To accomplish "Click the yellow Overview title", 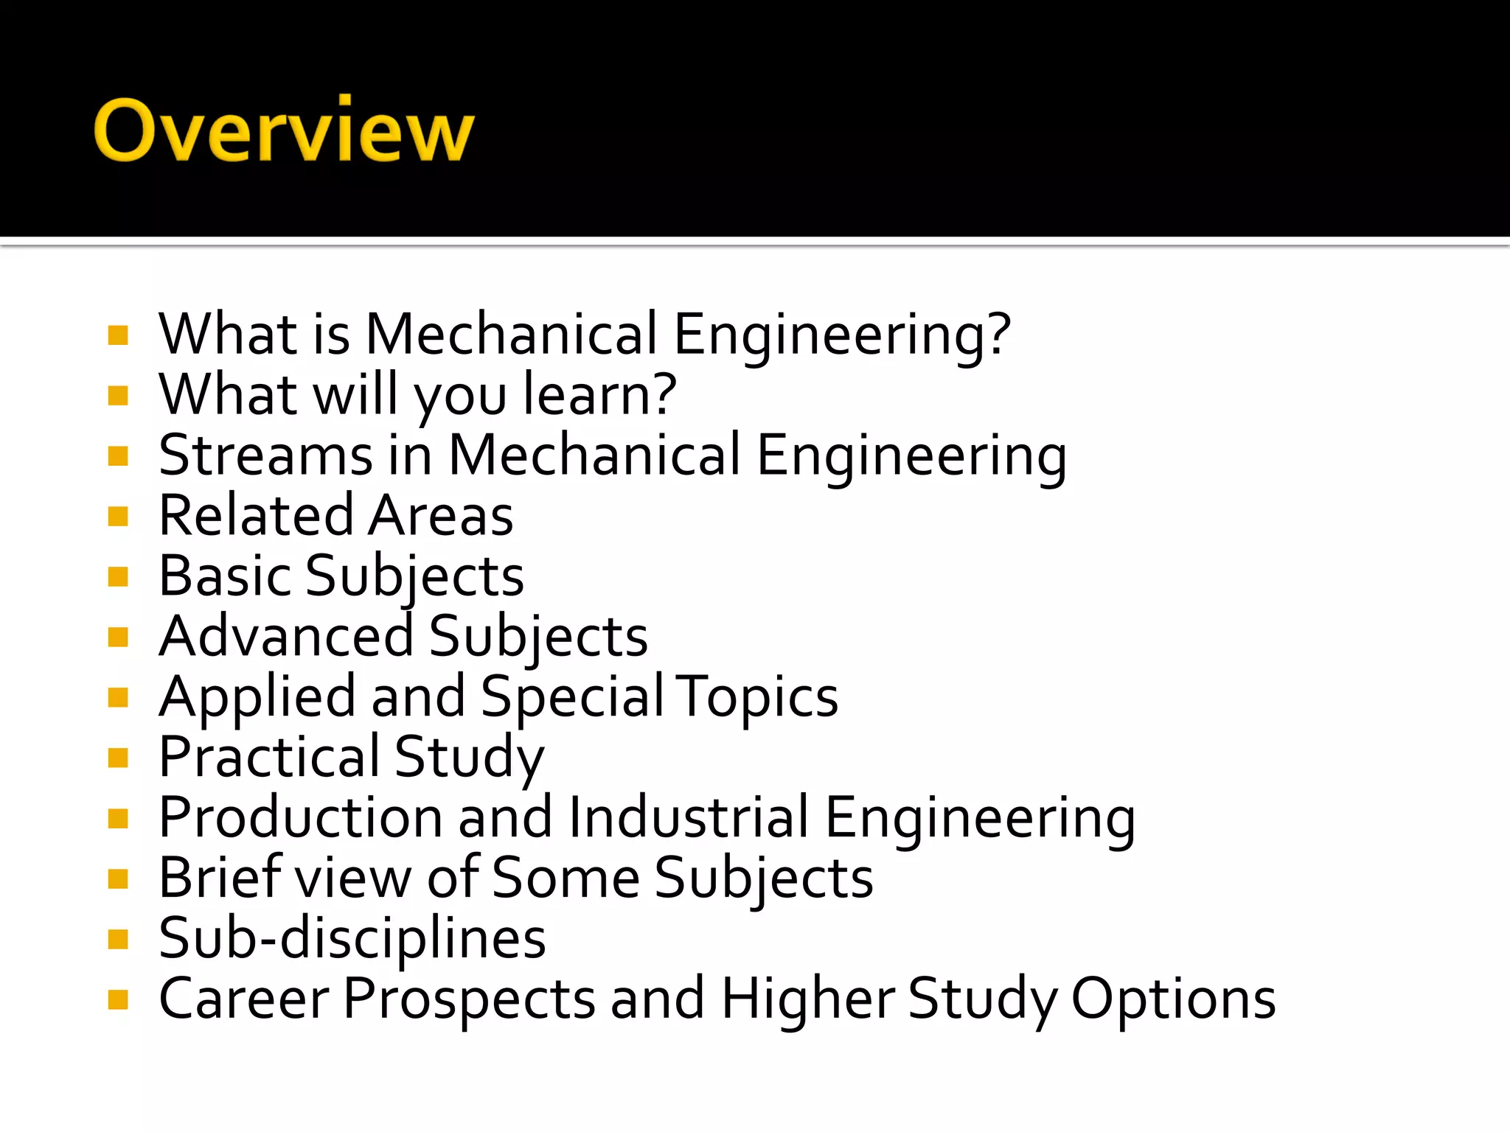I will coord(284,130).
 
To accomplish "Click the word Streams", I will coord(265,455).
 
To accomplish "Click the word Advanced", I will coord(286,636).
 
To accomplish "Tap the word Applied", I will coord(257,697).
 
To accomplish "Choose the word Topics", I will coord(756,697).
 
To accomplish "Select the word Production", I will coord(301,817).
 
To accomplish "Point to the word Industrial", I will coord(689,817).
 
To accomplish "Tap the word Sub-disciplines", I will coord(352,938).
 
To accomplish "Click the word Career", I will coord(244,999).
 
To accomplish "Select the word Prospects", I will coord(470,999).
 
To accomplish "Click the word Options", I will coord(1173,999).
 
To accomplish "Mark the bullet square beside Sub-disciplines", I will coord(118,939).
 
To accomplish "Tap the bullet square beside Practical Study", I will coord(118,758).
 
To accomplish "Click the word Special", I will coord(572,697).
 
